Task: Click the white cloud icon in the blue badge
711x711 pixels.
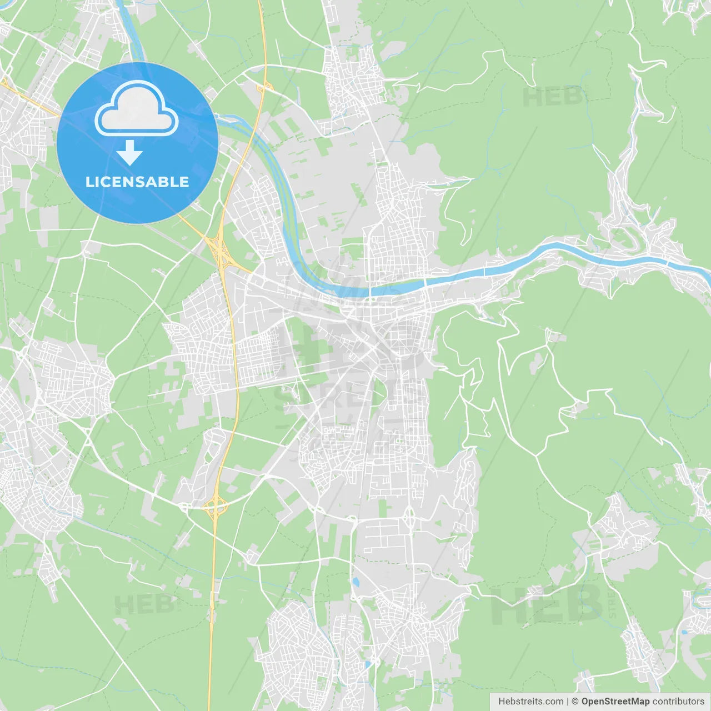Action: tap(137, 108)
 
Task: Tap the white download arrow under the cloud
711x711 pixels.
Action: tap(129, 153)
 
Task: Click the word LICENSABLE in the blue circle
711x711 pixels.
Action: tap(137, 182)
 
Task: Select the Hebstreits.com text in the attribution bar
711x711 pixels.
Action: tap(530, 702)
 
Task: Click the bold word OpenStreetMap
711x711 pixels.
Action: tap(615, 702)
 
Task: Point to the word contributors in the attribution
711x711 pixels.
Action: tap(678, 702)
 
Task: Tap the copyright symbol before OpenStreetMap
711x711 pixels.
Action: tap(575, 702)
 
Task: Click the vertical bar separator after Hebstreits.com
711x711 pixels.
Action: tap(568, 702)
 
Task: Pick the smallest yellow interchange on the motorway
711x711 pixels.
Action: tap(265, 86)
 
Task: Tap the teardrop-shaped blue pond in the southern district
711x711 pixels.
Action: tap(355, 582)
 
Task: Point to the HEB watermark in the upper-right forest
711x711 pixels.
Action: tap(553, 97)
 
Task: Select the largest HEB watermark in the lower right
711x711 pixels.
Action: tap(547, 604)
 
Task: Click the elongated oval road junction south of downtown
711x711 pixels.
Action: tap(410, 517)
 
